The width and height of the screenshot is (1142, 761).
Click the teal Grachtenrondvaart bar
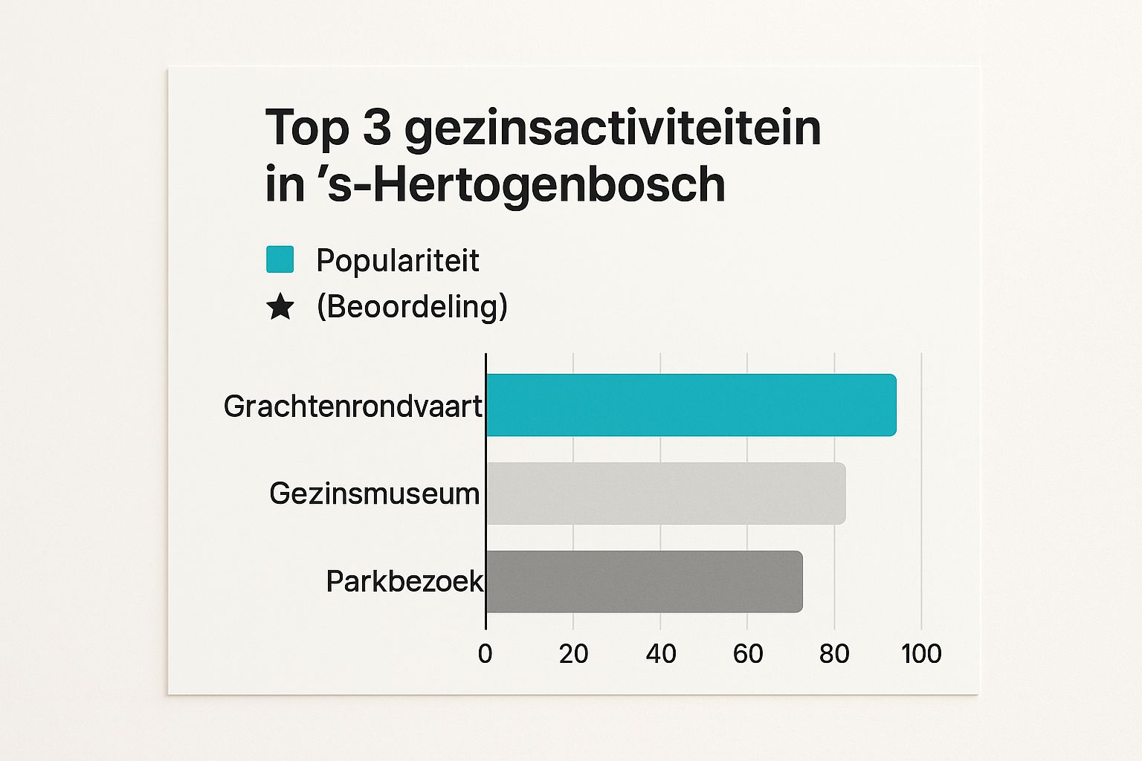click(x=691, y=405)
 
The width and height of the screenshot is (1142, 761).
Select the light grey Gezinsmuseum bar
click(x=665, y=493)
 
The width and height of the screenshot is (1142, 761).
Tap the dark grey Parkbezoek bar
click(x=644, y=582)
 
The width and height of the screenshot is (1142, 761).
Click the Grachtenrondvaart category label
click(x=353, y=407)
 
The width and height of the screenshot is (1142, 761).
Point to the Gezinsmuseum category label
click(x=375, y=493)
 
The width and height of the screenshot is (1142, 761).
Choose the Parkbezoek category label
click(x=404, y=581)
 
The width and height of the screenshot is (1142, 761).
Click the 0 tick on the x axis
click(x=485, y=654)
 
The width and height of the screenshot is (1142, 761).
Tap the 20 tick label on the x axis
click(x=573, y=654)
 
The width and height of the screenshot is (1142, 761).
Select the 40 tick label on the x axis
click(x=660, y=654)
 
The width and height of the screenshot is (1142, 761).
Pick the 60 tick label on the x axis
click(x=747, y=654)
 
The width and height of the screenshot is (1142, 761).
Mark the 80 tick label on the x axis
click(x=834, y=654)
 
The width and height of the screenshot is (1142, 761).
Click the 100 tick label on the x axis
click(x=921, y=654)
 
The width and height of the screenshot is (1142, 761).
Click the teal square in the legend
click(x=280, y=260)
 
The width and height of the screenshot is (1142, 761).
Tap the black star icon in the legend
click(x=280, y=306)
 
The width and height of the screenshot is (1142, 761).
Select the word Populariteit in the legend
click(x=397, y=261)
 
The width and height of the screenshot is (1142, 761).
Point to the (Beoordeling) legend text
click(x=412, y=306)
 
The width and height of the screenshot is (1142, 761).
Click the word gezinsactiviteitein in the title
click(x=613, y=128)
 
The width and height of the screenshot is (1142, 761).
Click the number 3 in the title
click(x=377, y=127)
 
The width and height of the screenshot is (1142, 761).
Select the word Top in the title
click(x=307, y=127)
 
